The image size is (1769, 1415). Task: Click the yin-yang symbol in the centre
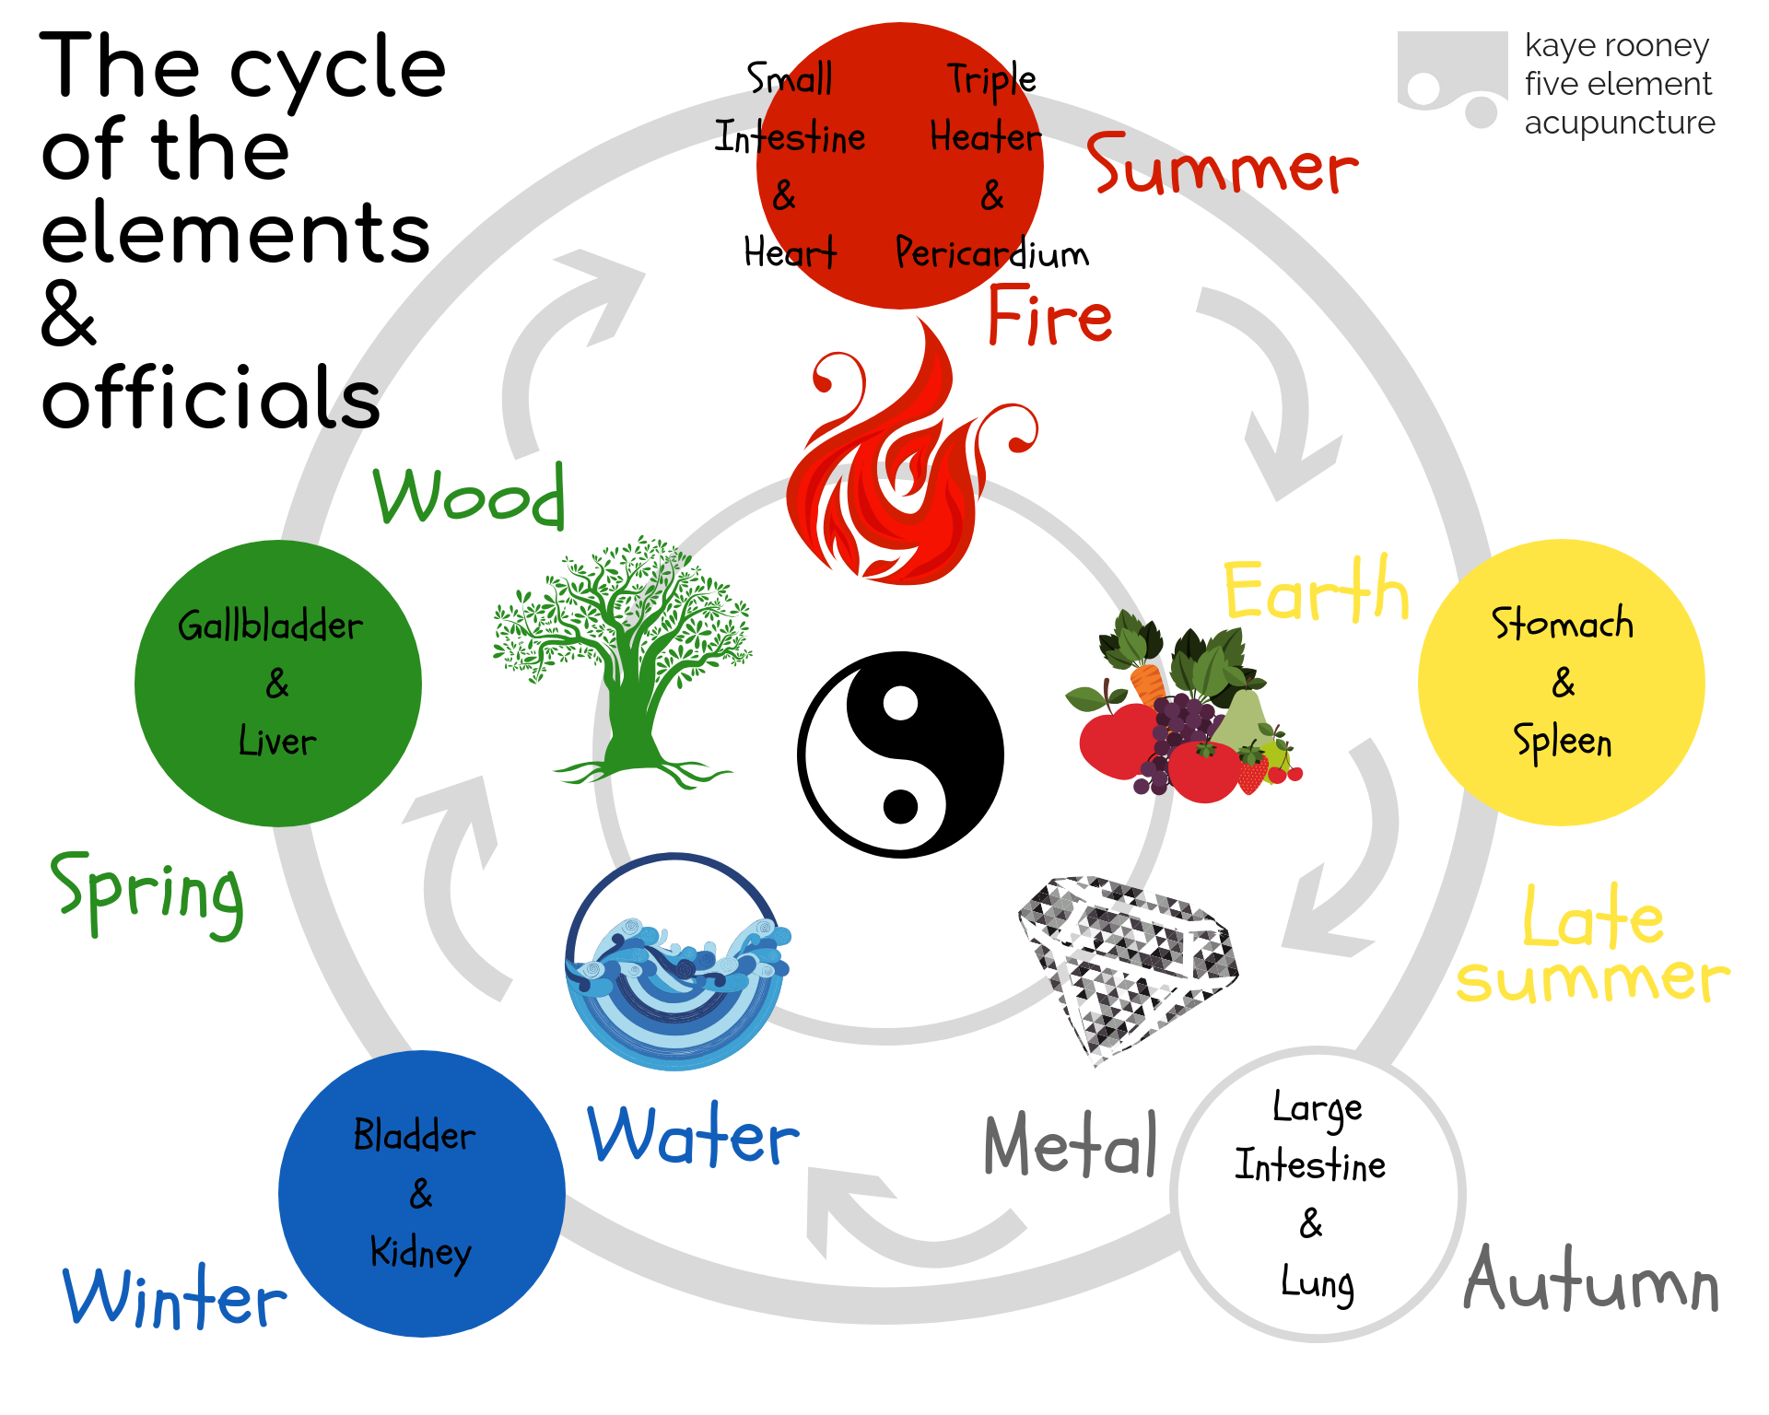[900, 754]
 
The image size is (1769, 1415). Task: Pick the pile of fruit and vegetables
[1184, 709]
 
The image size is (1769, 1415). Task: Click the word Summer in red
[1222, 166]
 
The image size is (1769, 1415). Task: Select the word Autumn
[1591, 1281]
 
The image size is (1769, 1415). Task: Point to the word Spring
[147, 894]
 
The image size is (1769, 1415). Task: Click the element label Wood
[468, 497]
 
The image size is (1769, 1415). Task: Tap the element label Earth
[1316, 591]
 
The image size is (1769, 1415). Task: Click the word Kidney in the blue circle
[420, 1253]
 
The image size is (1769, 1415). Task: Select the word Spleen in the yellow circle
[1563, 742]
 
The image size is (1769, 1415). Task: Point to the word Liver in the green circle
[277, 742]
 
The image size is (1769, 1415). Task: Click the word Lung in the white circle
[1318, 1283]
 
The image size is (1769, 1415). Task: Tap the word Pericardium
[991, 253]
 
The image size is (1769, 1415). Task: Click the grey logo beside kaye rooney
[1451, 78]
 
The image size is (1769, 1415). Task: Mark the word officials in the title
[210, 399]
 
